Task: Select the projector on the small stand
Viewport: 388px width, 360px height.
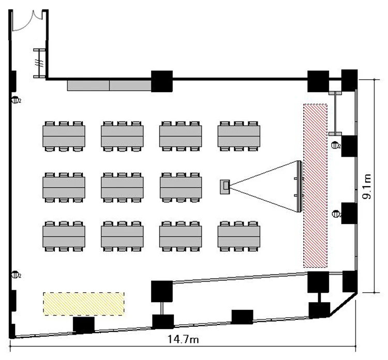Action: pyautogui.click(x=225, y=186)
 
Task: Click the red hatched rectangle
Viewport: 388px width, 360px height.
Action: pyautogui.click(x=315, y=186)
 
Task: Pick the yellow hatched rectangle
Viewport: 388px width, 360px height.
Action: pyautogui.click(x=83, y=304)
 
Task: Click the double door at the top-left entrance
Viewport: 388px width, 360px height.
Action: pyautogui.click(x=29, y=21)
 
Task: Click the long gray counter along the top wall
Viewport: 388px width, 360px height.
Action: pyautogui.click(x=109, y=85)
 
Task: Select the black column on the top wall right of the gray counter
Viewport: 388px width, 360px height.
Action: pyautogui.click(x=161, y=81)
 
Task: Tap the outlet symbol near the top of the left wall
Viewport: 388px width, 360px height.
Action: pyautogui.click(x=16, y=100)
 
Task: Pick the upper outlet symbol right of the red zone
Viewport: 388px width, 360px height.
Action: pyautogui.click(x=335, y=145)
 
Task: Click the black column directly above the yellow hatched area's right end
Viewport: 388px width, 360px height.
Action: pyautogui.click(x=161, y=291)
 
